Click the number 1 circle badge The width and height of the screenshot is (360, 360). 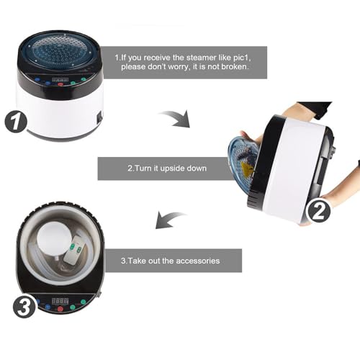[x=16, y=122]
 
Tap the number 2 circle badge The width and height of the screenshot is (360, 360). [x=318, y=211]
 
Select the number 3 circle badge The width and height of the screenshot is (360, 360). [x=24, y=307]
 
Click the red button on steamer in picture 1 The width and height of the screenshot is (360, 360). [x=60, y=84]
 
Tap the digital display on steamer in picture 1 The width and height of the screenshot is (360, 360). [x=60, y=79]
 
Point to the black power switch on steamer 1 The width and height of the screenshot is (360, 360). [x=99, y=117]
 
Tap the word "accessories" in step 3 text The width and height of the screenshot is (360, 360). [x=198, y=261]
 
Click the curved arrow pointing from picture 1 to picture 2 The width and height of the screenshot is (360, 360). [x=176, y=118]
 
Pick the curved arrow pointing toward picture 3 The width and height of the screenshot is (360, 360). [x=170, y=220]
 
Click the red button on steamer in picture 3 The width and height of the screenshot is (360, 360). [x=60, y=309]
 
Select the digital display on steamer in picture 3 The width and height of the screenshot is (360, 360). [x=60, y=301]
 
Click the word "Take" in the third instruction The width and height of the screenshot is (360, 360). [x=135, y=261]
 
